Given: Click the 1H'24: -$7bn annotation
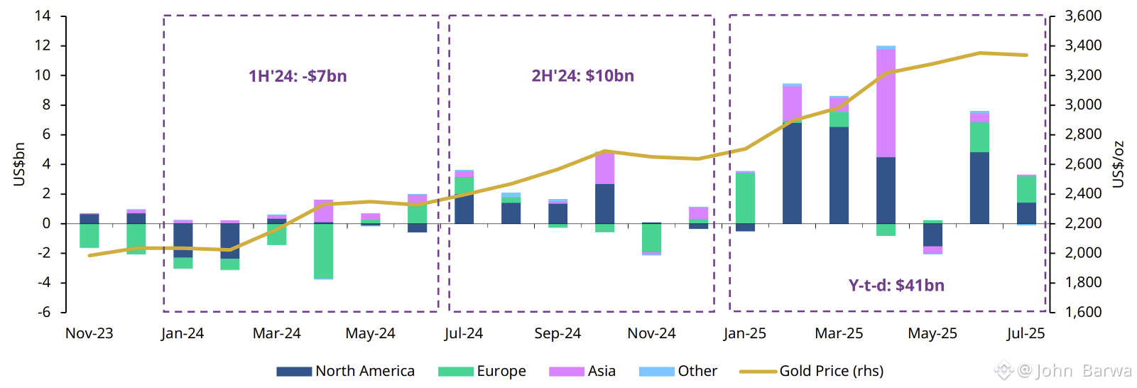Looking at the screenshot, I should coord(298,76).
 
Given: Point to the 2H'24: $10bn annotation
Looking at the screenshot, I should coord(582,76).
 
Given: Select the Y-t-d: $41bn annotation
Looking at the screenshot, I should coord(896,286).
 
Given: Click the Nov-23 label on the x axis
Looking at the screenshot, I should coord(89,333).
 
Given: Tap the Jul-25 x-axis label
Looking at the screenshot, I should coord(1026,333).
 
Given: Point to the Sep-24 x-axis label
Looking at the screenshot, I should coord(557,333).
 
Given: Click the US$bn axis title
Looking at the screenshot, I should coord(19,164).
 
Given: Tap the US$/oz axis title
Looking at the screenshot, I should coord(1119,164).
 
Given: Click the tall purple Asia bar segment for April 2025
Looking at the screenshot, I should coord(886,103).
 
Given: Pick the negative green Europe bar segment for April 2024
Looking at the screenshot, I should coord(323,251).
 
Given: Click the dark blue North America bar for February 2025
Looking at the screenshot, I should coord(792,173).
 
